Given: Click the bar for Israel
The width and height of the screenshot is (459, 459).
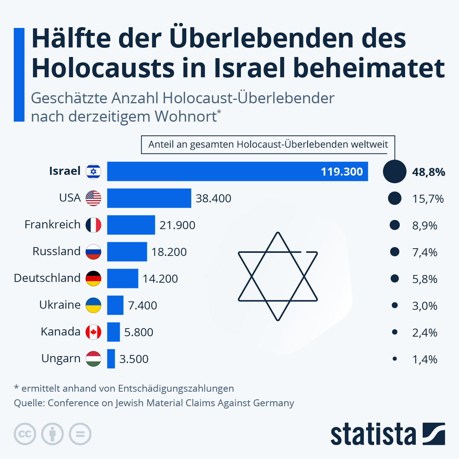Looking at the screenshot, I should click(237, 171).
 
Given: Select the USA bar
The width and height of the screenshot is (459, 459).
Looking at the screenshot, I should click(149, 198).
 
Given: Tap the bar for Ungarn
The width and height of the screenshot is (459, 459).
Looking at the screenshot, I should click(111, 359).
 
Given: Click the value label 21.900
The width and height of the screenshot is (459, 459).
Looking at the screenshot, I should click(177, 225).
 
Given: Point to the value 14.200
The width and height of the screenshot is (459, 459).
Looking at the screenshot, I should click(160, 279).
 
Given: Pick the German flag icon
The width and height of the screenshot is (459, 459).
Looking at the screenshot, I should click(93, 278).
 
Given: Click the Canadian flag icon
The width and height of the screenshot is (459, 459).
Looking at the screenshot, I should click(93, 332).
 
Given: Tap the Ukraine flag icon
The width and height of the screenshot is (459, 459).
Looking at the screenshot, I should click(93, 305).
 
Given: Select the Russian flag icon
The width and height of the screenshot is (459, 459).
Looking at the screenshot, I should click(93, 252).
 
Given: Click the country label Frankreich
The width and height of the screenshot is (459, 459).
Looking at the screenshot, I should click(52, 225).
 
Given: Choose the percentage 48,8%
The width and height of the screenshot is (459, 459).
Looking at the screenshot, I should click(428, 172).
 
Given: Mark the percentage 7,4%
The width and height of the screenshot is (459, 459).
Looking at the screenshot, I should click(425, 252).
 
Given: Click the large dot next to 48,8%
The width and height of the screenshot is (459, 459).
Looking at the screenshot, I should click(394, 171).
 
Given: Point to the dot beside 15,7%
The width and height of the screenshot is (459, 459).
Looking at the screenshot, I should click(394, 198).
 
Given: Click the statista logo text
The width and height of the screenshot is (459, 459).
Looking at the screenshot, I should click(373, 435).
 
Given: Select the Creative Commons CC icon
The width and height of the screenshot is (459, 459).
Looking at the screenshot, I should click(25, 434).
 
